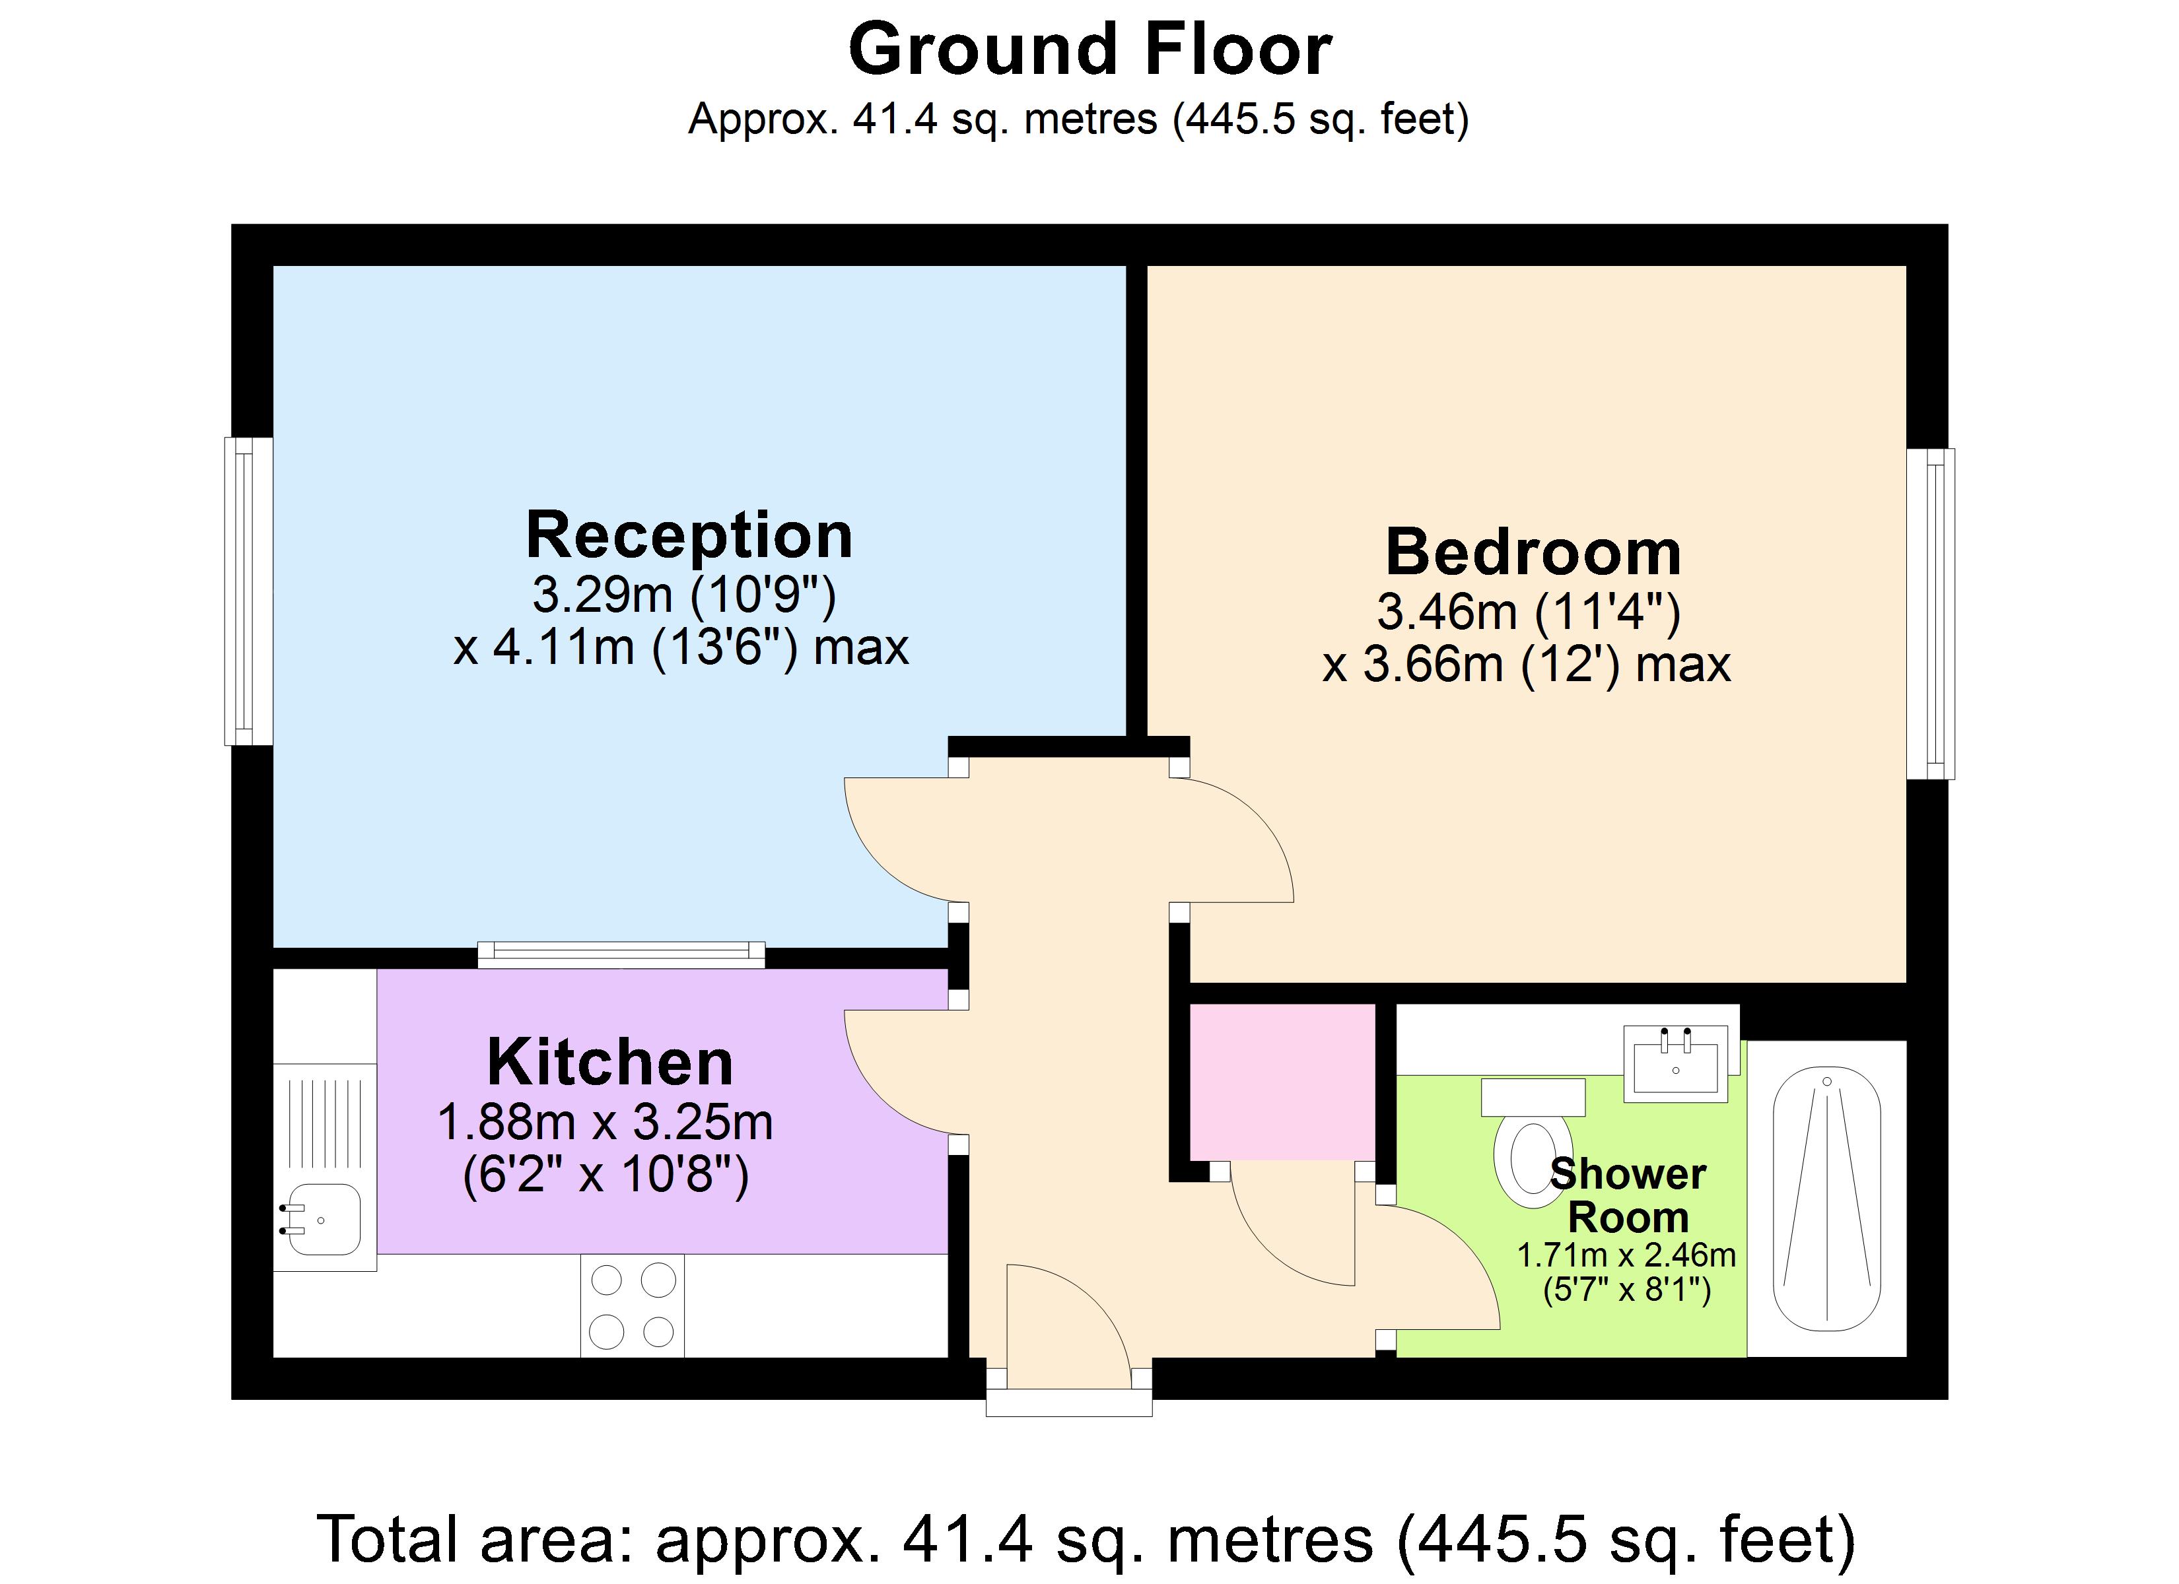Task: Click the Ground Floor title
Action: [x=1089, y=50]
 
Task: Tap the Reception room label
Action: [x=689, y=535]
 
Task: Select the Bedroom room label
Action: [x=1533, y=552]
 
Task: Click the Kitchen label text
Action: [x=610, y=1063]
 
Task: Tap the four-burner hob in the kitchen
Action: [x=632, y=1306]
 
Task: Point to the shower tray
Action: [x=1826, y=1199]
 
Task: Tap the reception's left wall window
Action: [x=248, y=592]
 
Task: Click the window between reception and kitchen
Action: [x=621, y=953]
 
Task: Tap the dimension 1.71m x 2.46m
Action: [x=1626, y=1255]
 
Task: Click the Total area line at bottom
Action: [x=1086, y=1539]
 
